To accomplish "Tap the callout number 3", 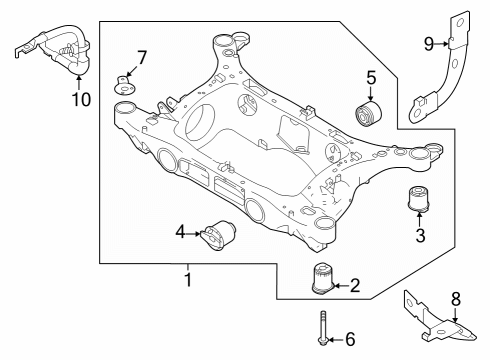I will pyautogui.click(x=420, y=235).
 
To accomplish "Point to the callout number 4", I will pyautogui.click(x=180, y=233).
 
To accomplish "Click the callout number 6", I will pyautogui.click(x=349, y=340).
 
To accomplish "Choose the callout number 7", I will pyautogui.click(x=141, y=56).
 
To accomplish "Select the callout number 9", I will pyautogui.click(x=428, y=43).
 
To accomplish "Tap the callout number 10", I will pyautogui.click(x=80, y=99).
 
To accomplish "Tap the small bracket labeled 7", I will pyautogui.click(x=125, y=83).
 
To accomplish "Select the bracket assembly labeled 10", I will pyautogui.click(x=55, y=50).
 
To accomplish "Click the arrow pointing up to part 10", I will pyautogui.click(x=80, y=80).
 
